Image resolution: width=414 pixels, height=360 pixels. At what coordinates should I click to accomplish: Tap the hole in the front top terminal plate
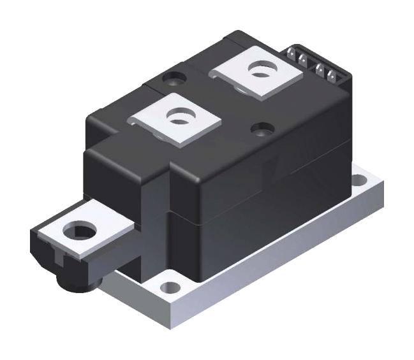(175, 116)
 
